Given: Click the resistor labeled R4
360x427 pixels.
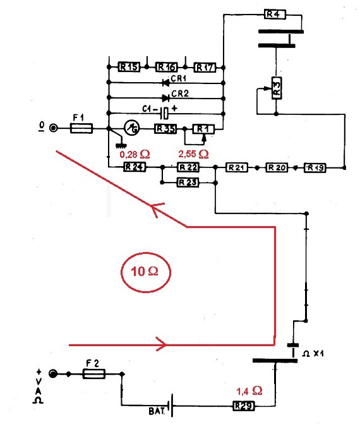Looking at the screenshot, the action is click(x=275, y=14).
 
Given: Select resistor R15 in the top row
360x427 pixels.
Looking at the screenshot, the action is click(x=129, y=67).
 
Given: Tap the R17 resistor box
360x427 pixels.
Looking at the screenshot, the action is click(x=205, y=67).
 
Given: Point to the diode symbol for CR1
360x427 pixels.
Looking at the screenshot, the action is click(x=165, y=82).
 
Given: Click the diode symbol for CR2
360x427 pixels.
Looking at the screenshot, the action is click(x=166, y=98).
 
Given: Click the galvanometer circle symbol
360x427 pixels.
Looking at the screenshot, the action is click(x=132, y=128).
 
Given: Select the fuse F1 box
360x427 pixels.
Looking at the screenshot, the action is click(x=81, y=128).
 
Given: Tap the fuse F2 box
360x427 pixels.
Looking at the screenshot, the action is click(x=93, y=374).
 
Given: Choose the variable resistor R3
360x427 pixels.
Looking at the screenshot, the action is click(x=277, y=88).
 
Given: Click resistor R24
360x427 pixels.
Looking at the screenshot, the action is click(x=135, y=167).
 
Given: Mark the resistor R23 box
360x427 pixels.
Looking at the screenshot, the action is click(x=188, y=183).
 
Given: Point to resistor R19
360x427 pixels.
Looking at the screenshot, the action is click(x=315, y=168).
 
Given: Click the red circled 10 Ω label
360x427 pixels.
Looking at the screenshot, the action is click(x=146, y=272).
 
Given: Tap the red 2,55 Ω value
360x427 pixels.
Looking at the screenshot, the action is click(x=193, y=154).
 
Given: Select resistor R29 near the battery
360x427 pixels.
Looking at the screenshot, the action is click(x=244, y=406).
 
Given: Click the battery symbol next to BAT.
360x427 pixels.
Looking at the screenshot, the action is click(x=171, y=406).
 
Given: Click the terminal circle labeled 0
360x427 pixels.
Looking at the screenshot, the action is click(x=54, y=128).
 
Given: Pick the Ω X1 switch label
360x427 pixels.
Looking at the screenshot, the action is click(x=313, y=354).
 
